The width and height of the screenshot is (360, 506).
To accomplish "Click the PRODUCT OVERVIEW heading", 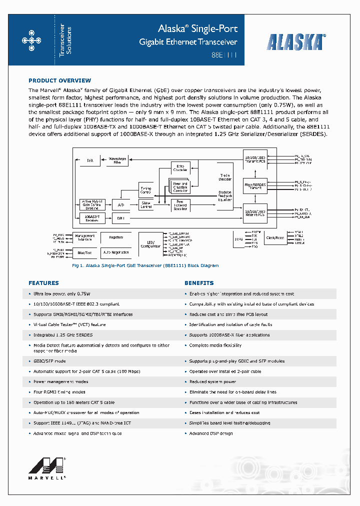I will click(59, 80).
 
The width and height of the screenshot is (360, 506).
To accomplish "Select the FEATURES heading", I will click(43, 283).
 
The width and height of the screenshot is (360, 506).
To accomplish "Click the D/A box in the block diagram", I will click(90, 160).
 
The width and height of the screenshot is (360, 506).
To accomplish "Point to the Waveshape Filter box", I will click(117, 160).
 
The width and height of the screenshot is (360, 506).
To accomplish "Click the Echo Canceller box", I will click(180, 168).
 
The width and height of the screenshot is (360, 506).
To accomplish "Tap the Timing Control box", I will click(145, 189).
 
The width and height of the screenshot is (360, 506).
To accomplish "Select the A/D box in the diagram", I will click(121, 205).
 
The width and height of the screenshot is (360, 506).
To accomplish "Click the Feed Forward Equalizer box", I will click(180, 204).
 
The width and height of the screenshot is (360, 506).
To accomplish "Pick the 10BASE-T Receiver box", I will click(92, 217).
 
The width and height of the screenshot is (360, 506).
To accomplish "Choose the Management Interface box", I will click(84, 237).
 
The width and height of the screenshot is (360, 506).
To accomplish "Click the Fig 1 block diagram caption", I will click(145, 265).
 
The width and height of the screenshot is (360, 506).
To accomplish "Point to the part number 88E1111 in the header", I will click(227, 56).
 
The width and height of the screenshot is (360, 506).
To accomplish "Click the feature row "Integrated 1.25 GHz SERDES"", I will click(63, 335).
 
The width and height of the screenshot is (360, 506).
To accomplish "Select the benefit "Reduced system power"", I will click(212, 381).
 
